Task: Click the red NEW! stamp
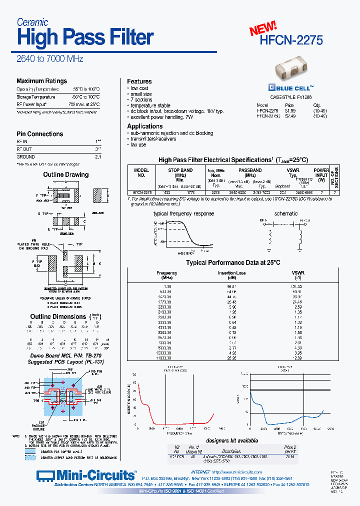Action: [263, 28]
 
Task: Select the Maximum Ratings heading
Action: [41, 81]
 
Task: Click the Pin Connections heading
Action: [39, 134]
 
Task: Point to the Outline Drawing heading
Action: [65, 175]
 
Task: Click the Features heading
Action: [139, 81]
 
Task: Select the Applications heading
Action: [144, 126]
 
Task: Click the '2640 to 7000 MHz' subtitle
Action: [50, 59]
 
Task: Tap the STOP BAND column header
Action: [180, 170]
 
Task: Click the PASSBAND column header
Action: [250, 170]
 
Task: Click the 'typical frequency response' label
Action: [183, 213]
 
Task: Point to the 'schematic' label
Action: [286, 213]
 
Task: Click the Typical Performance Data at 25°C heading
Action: [233, 262]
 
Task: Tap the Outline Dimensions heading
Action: [58, 316]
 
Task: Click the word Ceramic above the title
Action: [32, 22]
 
